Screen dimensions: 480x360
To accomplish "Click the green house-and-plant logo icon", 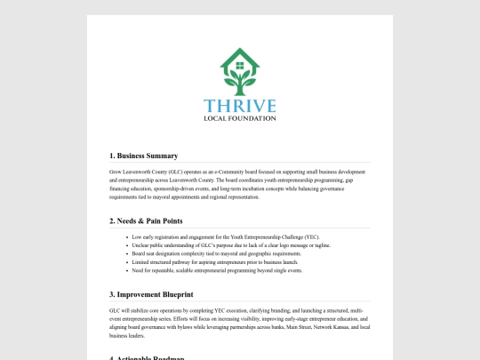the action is (239, 73).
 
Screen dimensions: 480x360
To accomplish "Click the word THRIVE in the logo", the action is (239, 106).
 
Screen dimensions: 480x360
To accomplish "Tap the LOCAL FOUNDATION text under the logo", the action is (239, 118).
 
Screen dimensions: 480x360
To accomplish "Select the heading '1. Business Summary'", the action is (143, 156).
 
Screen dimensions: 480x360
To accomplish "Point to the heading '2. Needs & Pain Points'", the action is (147, 220).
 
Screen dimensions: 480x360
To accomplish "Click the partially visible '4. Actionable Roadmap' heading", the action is (147, 357).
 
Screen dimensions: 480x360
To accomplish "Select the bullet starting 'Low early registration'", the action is (225, 237).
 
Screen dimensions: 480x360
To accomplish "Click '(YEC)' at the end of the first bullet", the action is (312, 237).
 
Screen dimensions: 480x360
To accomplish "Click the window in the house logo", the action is (239, 65).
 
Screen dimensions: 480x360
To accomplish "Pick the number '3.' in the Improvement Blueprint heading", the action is (113, 293).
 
